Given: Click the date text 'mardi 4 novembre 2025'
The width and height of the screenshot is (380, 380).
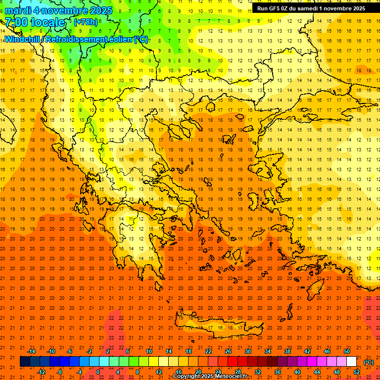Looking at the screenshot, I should pyautogui.click(x=59, y=10).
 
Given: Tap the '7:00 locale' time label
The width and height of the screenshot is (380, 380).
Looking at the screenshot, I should pyautogui.click(x=35, y=22).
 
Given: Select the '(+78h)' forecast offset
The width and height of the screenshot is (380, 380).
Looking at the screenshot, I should pyautogui.click(x=86, y=22).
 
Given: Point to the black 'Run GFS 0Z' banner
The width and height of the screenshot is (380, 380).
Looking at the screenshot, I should pyautogui.click(x=311, y=8).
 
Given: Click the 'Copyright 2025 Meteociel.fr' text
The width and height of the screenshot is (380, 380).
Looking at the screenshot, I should pyautogui.click(x=210, y=377).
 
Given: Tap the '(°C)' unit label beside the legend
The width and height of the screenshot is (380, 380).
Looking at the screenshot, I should pyautogui.click(x=369, y=362).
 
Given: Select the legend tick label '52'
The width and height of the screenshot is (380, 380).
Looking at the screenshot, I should pyautogui.click(x=357, y=372).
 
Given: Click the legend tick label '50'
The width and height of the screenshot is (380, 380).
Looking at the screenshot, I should pyautogui.click(x=347, y=351).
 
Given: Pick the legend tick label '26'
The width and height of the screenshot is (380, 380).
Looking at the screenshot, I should pyautogui.click(x=228, y=351).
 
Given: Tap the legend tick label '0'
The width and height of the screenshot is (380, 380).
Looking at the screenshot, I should pyautogui.click(x=98, y=372).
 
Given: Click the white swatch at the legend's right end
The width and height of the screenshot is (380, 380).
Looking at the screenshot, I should pyautogui.click(x=352, y=362).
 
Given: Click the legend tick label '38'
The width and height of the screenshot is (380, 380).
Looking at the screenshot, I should pyautogui.click(x=287, y=351).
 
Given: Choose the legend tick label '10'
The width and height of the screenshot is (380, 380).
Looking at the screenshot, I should pyautogui.click(x=148, y=351).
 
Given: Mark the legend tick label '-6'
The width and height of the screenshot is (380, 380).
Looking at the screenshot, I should pyautogui.click(x=70, y=351).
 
